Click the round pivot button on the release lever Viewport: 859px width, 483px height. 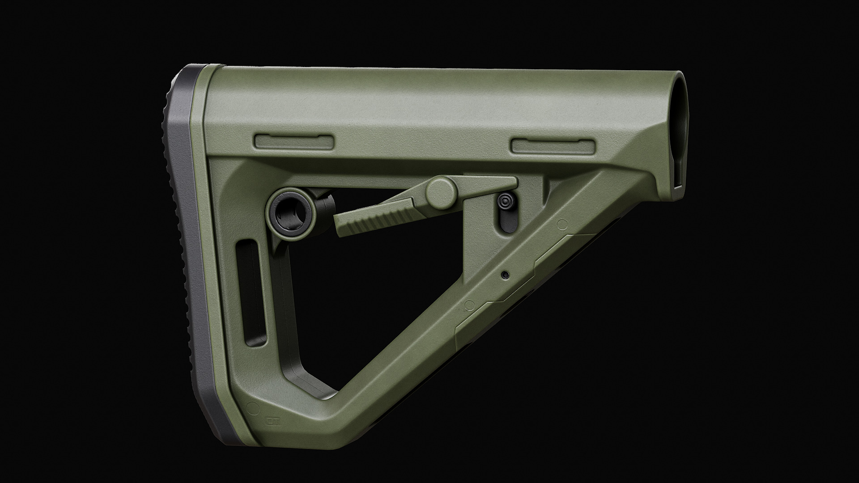tap(441, 191)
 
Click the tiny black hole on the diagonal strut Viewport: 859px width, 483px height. tap(506, 275)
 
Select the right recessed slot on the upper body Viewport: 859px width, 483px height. tap(554, 145)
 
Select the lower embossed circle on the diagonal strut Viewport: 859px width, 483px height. tap(469, 305)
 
